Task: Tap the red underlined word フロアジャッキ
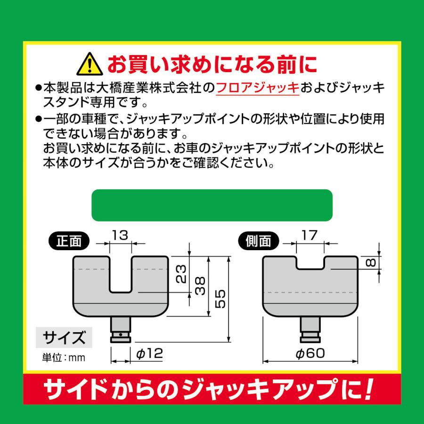point(258,88)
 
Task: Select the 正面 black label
point(69,241)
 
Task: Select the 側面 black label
point(258,241)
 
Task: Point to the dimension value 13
point(120,235)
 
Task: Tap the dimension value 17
point(310,234)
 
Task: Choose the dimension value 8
point(372,262)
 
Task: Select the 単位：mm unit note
point(62,358)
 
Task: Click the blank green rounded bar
point(212,205)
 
